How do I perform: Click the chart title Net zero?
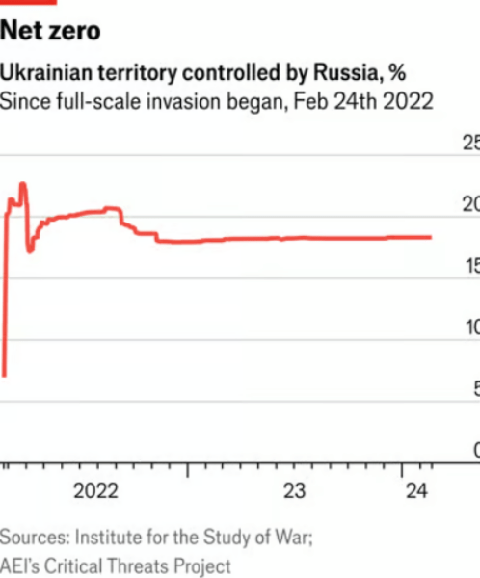(50, 32)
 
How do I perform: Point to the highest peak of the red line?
(22, 183)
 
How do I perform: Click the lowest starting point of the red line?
(5, 375)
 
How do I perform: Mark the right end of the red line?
(430, 237)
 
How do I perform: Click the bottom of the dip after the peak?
(30, 251)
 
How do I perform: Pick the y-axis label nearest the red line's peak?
(470, 204)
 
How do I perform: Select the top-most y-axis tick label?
(470, 144)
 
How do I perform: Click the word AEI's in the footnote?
(21, 565)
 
